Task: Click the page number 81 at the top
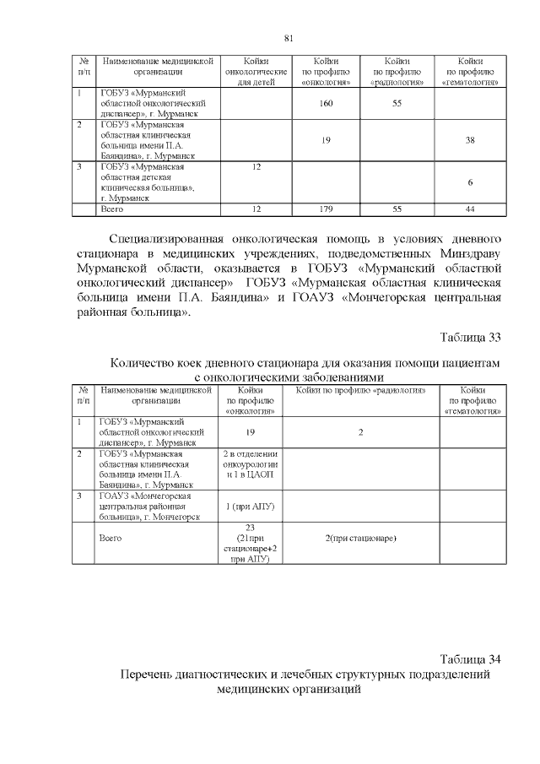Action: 288,39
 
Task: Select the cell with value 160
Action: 325,103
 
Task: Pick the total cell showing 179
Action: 325,208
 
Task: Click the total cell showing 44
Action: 470,208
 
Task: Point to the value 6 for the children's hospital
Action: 470,182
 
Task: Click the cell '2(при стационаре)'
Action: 361,538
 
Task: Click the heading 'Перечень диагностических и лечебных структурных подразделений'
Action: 305,675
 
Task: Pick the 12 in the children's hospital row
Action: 256,166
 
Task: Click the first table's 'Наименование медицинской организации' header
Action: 157,67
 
